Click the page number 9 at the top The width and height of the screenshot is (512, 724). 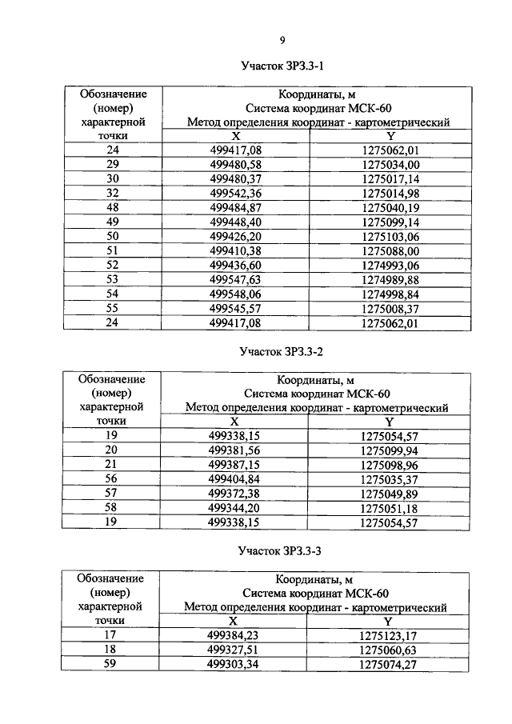point(282,40)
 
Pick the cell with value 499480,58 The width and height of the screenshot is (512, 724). point(234,162)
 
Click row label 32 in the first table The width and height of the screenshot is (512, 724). point(113,192)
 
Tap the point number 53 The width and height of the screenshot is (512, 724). point(113,280)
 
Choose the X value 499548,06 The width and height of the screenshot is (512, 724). point(234,294)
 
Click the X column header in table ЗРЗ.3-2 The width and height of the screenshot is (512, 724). point(234,422)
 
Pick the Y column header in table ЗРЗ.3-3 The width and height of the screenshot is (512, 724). point(388,621)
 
